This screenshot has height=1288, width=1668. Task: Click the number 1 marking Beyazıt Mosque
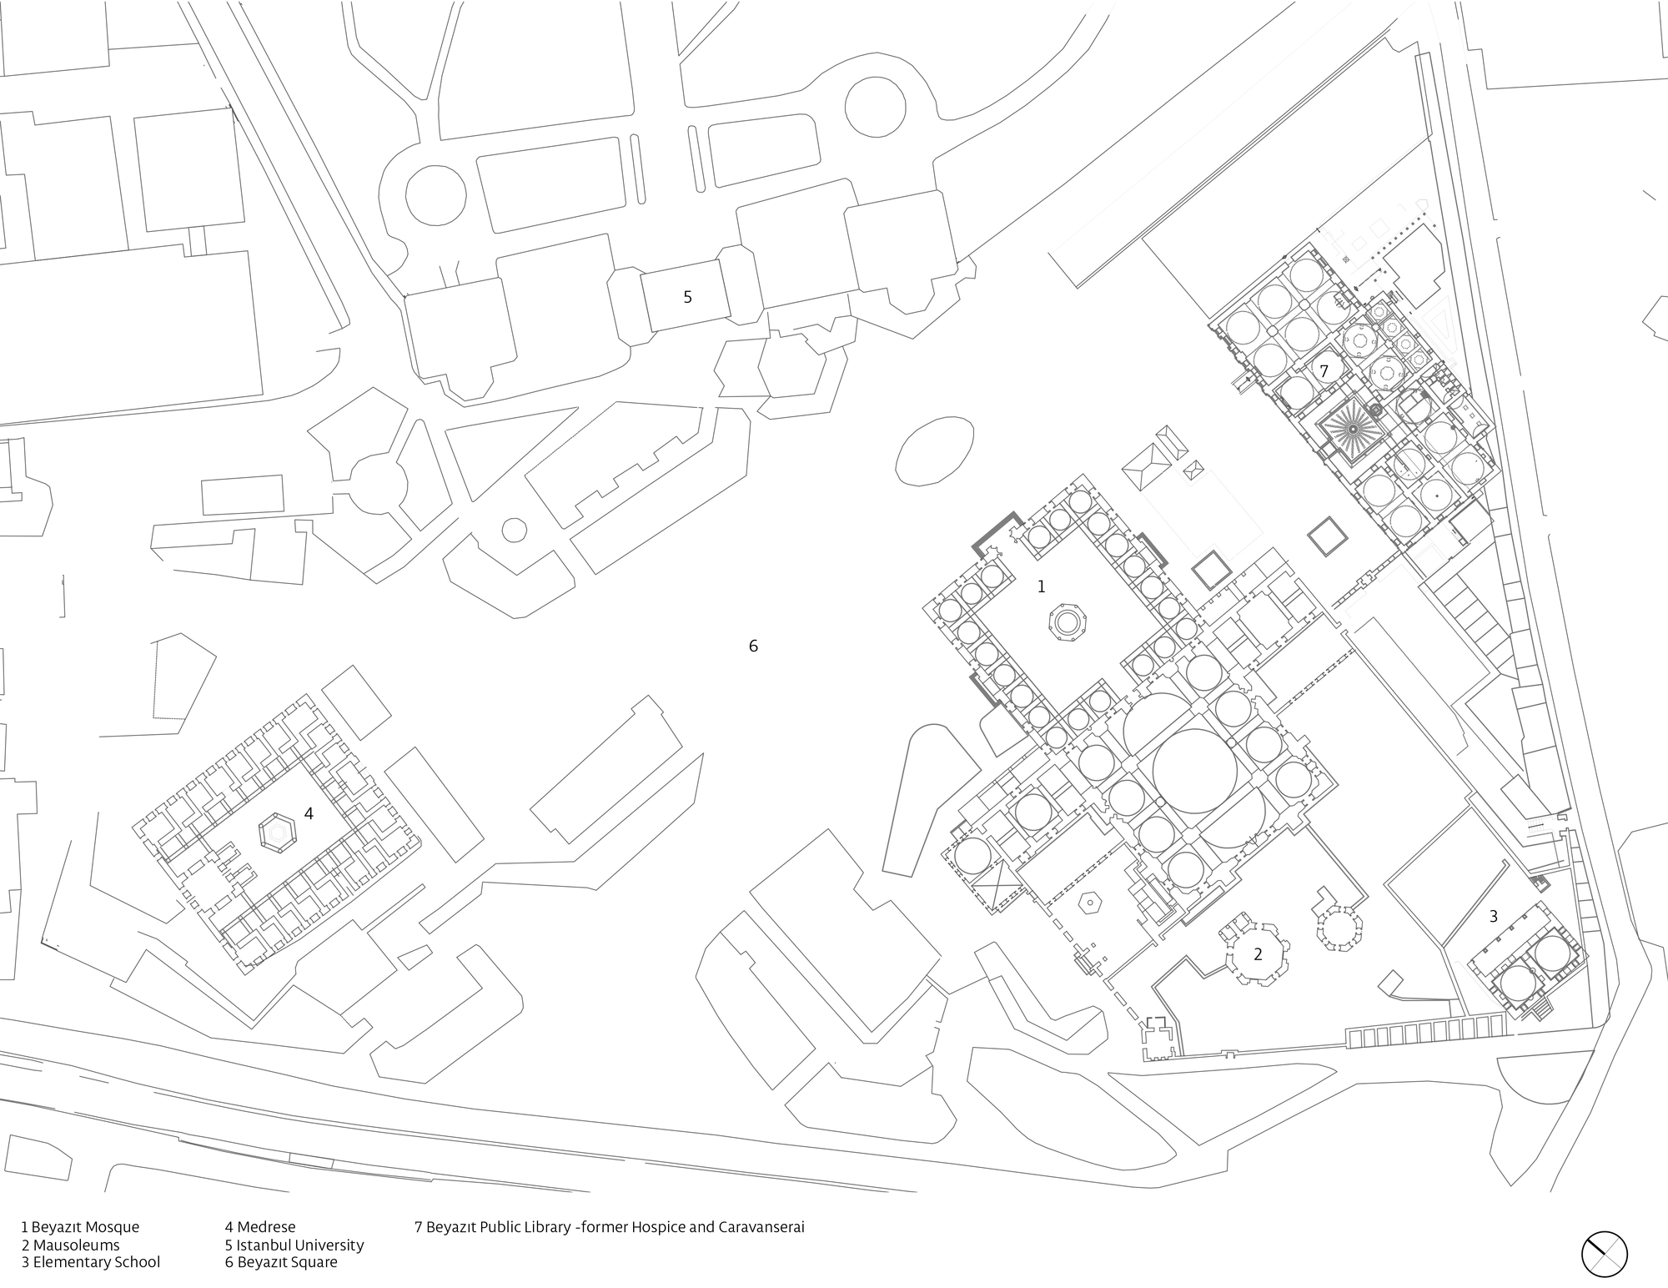coord(1041,587)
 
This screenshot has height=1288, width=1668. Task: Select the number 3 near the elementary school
coord(1493,916)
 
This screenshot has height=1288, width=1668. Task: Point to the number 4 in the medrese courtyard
coord(309,813)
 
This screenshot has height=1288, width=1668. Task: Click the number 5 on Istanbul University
coord(687,297)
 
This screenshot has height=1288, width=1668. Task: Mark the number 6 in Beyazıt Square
coord(753,646)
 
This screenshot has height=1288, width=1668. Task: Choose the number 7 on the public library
coord(1324,370)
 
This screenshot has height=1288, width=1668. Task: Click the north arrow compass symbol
coord(1605,1254)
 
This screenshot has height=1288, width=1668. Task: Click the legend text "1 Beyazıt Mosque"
coord(80,1227)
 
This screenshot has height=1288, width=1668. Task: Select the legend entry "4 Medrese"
coord(259,1227)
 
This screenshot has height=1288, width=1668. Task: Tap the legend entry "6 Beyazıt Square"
coord(281,1262)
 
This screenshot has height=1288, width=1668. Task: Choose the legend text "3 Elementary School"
coord(90,1262)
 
